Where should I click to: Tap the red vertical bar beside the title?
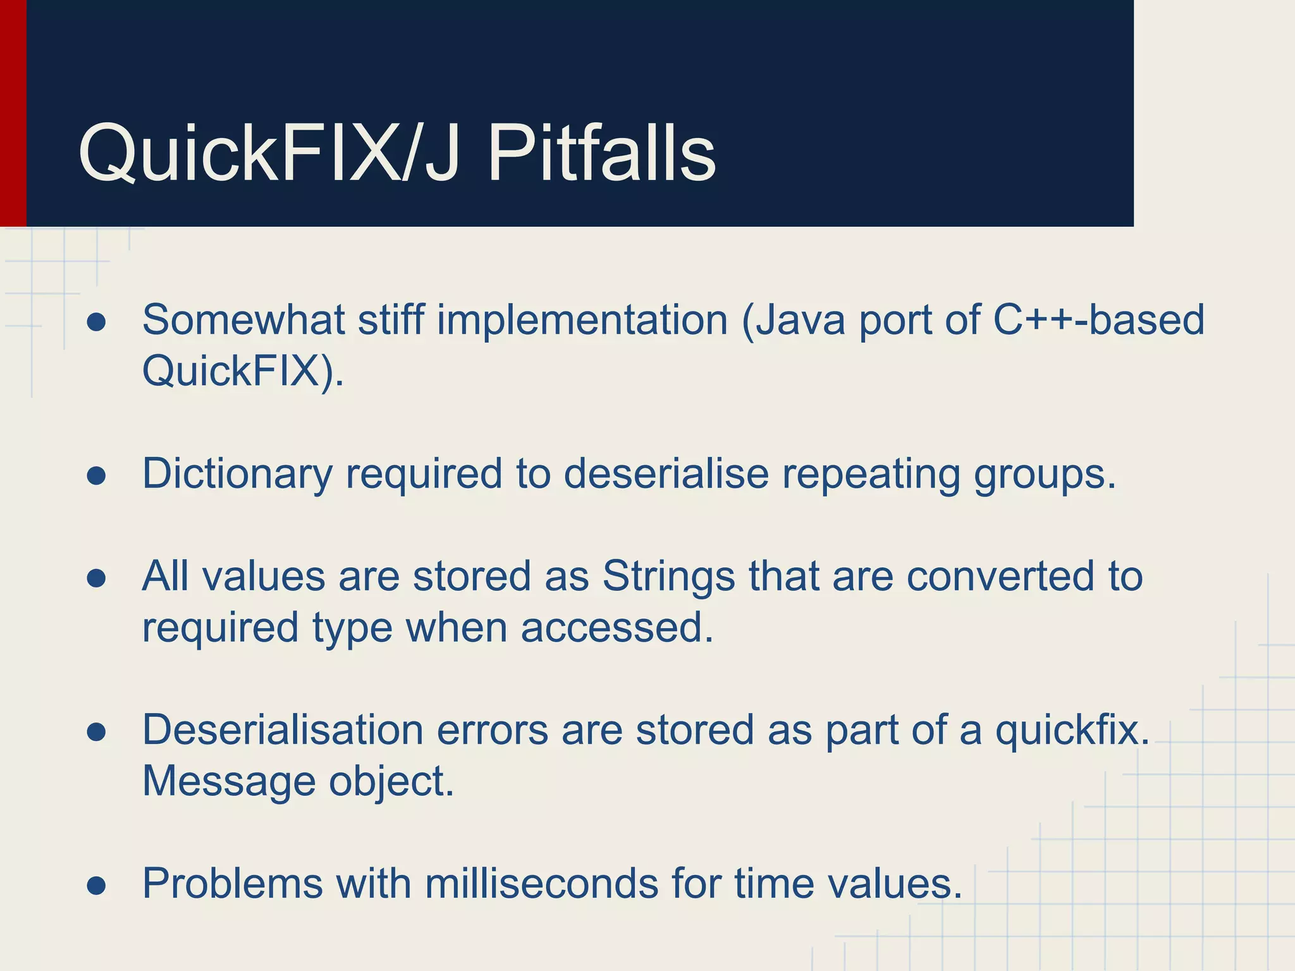coord(13,114)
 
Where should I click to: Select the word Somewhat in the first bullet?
coord(243,320)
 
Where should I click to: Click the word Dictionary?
coord(237,473)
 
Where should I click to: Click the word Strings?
coord(668,577)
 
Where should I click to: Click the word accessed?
coord(617,628)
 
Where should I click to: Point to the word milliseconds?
coord(541,884)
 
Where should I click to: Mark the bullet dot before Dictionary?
coord(96,476)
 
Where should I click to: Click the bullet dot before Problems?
coord(96,886)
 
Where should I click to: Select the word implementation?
coord(582,320)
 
